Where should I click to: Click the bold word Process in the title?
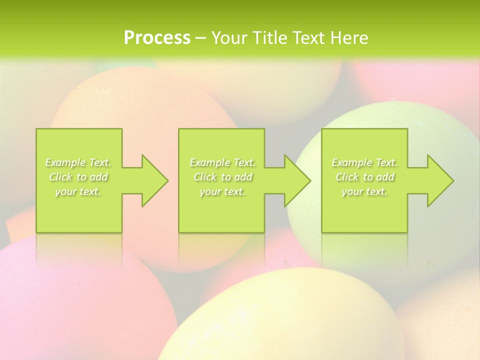click(157, 38)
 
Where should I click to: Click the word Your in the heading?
click(229, 38)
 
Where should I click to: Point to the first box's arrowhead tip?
click(167, 180)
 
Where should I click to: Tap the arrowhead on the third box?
click(442, 180)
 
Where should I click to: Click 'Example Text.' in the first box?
click(78, 162)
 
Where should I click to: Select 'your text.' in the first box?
click(78, 191)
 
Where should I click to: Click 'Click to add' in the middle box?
click(222, 177)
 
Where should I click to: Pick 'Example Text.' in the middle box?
click(222, 162)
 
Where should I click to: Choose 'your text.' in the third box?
click(364, 191)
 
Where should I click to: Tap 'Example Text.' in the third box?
click(364, 162)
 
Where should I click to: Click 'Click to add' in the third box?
click(364, 177)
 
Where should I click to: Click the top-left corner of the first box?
click(36, 129)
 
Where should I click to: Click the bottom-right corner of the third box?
click(407, 232)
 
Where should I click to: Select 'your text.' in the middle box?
click(222, 191)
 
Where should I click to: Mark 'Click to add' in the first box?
click(78, 177)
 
